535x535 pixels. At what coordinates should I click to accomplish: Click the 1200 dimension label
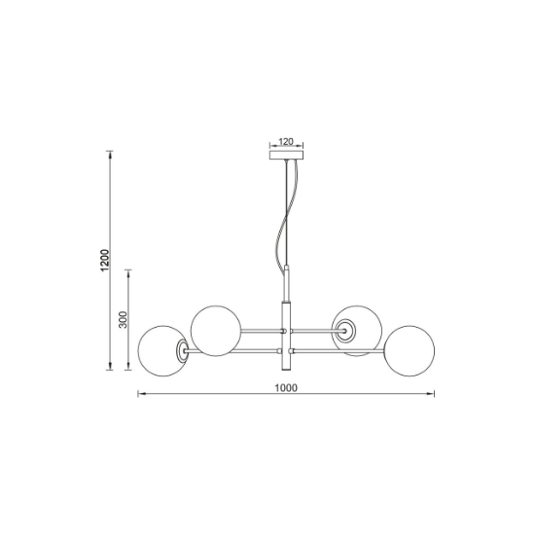click(105, 261)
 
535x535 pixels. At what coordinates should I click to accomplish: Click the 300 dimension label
click(123, 320)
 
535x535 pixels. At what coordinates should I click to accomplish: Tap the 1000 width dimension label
click(286, 388)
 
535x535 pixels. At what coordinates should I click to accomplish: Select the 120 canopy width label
click(286, 141)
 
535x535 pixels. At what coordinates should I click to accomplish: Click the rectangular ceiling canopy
click(286, 156)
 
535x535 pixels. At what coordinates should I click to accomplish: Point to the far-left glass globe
click(138, 351)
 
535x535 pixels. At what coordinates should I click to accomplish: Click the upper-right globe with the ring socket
click(357, 306)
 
